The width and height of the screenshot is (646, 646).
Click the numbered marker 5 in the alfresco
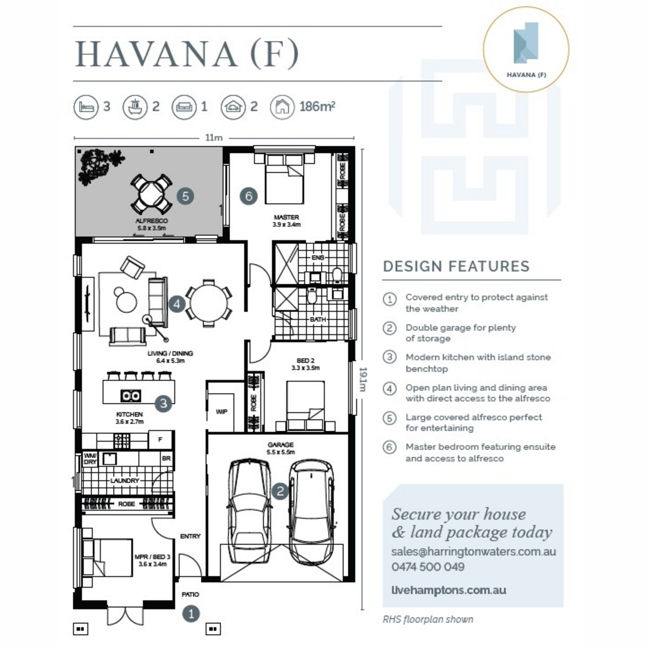[x=185, y=196]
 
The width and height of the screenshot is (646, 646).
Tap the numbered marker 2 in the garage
[x=280, y=491]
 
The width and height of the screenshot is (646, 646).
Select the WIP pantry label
[x=222, y=412]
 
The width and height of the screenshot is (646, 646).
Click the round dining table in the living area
[x=209, y=303]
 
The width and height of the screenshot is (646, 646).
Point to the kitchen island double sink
[x=130, y=396]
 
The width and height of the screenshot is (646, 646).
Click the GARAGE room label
[x=280, y=445]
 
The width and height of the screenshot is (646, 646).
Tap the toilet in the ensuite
[x=337, y=275]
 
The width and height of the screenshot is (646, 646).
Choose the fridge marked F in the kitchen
[x=160, y=439]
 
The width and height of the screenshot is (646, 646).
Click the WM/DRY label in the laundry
[x=90, y=459]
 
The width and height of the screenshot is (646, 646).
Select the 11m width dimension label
[x=214, y=137]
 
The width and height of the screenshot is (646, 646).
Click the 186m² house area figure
[x=317, y=107]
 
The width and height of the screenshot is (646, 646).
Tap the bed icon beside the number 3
[x=86, y=107]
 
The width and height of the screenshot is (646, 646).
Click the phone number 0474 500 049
[x=428, y=566]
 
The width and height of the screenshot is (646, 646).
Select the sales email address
[x=474, y=551]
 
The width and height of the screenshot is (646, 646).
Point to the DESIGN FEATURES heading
[x=457, y=266]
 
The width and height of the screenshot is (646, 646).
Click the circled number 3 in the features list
[x=390, y=357]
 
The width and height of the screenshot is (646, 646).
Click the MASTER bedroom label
[x=286, y=217]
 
